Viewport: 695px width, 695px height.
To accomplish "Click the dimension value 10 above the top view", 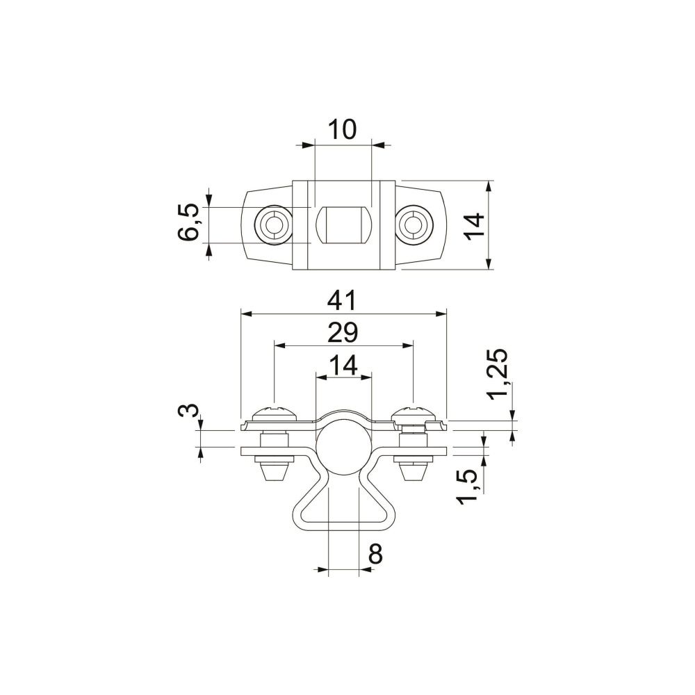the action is tap(342, 129).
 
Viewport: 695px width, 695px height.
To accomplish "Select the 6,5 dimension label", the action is tap(189, 222).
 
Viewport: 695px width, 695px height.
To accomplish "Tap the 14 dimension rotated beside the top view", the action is tap(475, 227).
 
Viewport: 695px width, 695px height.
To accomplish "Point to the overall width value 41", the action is tap(342, 300).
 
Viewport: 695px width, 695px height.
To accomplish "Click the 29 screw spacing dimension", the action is tap(342, 333).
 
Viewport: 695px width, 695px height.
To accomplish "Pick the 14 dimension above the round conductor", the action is tap(343, 366).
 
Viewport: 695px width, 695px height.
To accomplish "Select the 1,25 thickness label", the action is tap(498, 375).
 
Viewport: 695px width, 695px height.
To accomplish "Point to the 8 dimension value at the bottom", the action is tap(375, 554).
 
